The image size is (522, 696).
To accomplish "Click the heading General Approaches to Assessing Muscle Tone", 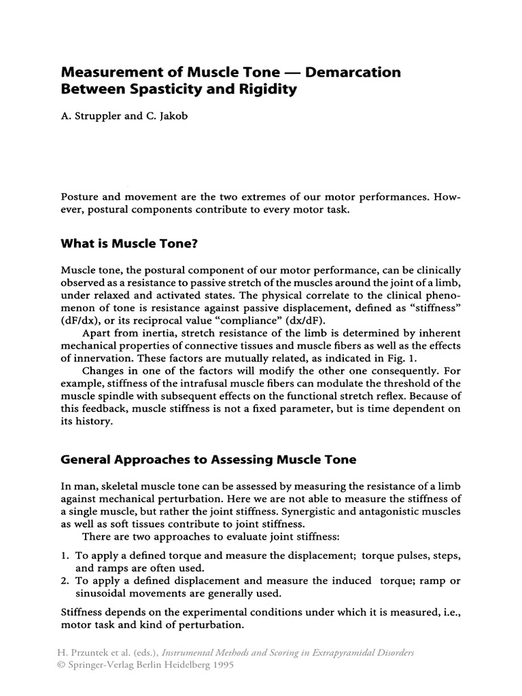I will pos(209,460).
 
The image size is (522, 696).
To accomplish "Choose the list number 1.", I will pos(65,556).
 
